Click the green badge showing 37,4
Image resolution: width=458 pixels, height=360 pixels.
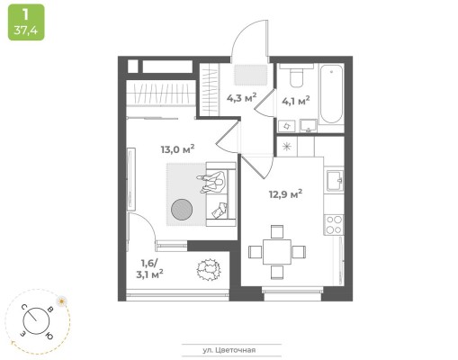26,22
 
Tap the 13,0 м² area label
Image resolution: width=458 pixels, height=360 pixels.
177,148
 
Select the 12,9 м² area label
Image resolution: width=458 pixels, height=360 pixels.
285,193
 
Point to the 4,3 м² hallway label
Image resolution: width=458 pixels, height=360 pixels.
241,97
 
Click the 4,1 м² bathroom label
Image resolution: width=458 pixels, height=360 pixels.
295,101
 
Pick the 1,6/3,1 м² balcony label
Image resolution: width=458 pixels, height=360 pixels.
149,269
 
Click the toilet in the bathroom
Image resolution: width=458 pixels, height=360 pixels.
296,76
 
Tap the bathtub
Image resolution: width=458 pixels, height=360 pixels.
331,94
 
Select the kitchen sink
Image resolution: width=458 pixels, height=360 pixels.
335,180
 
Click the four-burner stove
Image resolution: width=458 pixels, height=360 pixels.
334,225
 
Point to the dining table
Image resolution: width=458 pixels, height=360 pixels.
277,252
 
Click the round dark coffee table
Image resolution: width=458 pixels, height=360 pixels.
182,210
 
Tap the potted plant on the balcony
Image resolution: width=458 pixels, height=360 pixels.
209,269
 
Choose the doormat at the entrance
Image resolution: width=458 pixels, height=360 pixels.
250,75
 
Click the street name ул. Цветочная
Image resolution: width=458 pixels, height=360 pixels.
229,350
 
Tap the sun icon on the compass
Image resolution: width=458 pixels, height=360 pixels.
62,301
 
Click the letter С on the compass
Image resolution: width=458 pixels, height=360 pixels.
24,307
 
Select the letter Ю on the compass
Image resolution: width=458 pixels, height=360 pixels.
49,336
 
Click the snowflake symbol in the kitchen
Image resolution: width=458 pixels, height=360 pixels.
287,146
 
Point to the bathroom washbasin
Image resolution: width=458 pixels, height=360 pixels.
308,126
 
